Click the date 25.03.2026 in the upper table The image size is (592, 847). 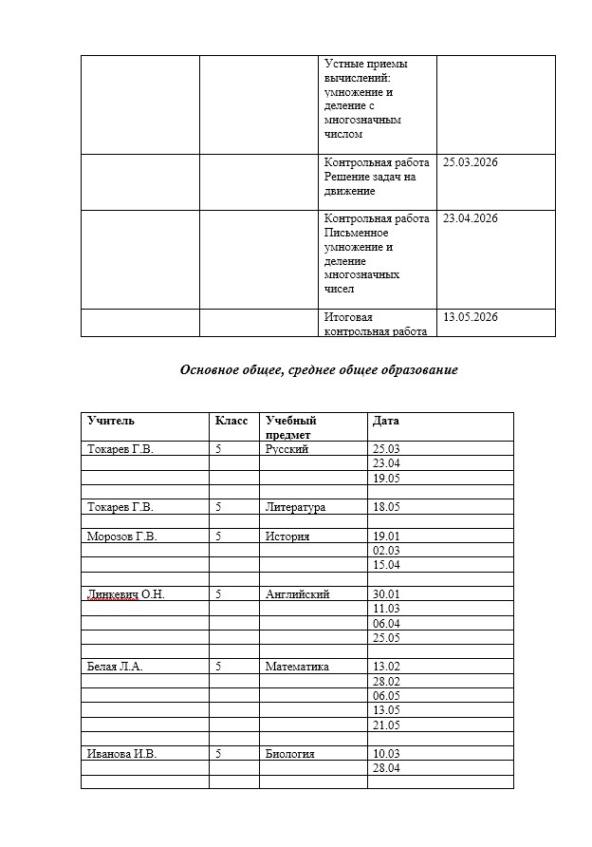click(471, 162)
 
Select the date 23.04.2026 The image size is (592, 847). click(471, 218)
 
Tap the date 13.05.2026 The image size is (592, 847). click(471, 317)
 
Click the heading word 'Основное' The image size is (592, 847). click(210, 370)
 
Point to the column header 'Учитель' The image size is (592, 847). click(111, 420)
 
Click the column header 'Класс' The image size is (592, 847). click(231, 420)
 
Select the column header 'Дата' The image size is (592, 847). click(386, 420)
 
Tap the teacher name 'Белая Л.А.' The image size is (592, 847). click(115, 667)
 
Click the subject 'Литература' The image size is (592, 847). click(296, 507)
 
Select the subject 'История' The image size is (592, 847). click(287, 536)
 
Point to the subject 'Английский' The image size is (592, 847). click(298, 594)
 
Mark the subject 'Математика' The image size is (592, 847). click(298, 667)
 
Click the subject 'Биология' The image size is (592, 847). click(290, 754)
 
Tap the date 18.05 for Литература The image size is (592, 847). click(387, 507)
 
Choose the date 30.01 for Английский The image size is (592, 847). click(387, 594)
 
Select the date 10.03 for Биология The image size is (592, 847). click(387, 754)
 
